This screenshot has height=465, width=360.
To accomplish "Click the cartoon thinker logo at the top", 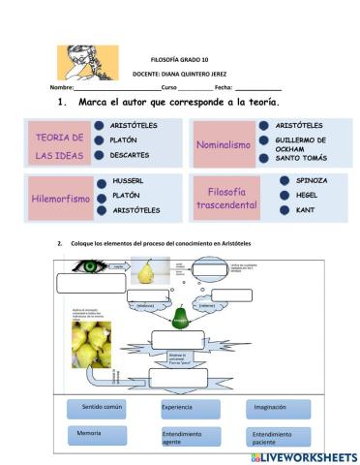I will (87, 63).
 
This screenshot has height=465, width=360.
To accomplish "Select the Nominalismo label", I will (224, 143).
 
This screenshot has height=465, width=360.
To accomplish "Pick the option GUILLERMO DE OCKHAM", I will (307, 144).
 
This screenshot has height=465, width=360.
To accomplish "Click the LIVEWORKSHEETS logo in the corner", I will (303, 455).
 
